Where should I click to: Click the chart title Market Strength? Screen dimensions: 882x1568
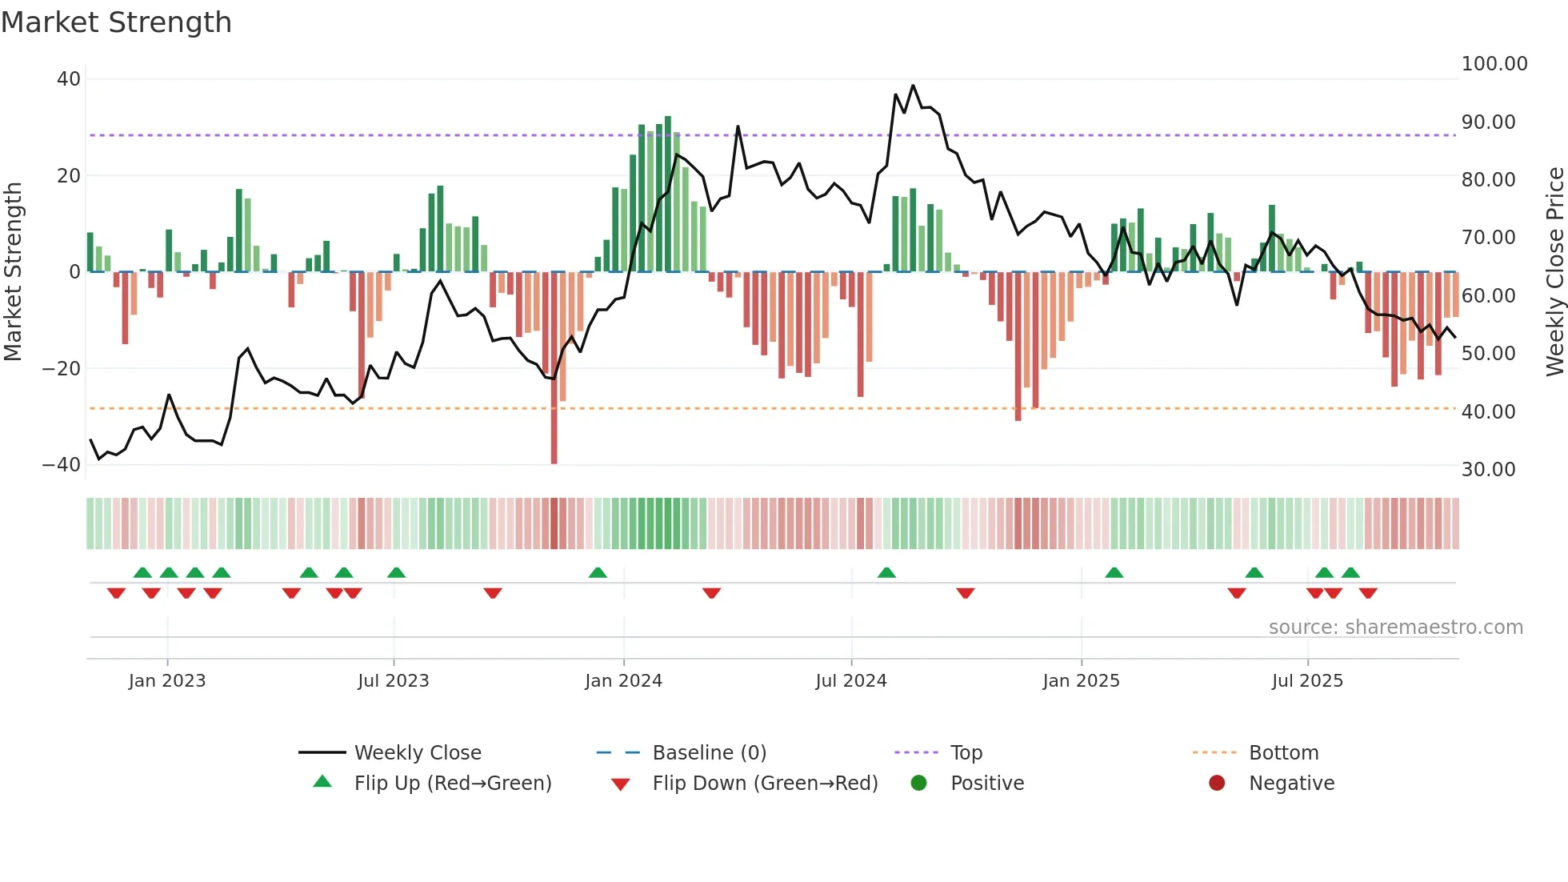pos(116,22)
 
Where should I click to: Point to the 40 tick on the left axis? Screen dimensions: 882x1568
pos(69,79)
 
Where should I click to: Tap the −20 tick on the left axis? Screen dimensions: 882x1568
pos(62,369)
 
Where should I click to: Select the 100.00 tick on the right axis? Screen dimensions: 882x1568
pos(1494,64)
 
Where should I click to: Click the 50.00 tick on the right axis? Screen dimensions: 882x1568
pos(1488,354)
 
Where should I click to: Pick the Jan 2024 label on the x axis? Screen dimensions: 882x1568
pos(623,681)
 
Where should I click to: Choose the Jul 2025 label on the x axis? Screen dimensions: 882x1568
pos(1307,681)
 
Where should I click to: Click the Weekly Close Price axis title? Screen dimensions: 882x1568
pos(1554,271)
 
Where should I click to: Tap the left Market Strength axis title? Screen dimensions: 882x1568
pos(14,271)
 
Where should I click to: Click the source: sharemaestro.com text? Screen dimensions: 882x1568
pos(1395,627)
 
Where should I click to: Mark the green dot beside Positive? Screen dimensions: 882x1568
pos(918,784)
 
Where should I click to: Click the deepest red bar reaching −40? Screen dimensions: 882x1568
pos(554,416)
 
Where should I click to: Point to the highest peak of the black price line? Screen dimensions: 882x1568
pos(913,86)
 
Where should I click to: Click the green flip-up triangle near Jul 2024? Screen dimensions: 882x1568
pos(886,573)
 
